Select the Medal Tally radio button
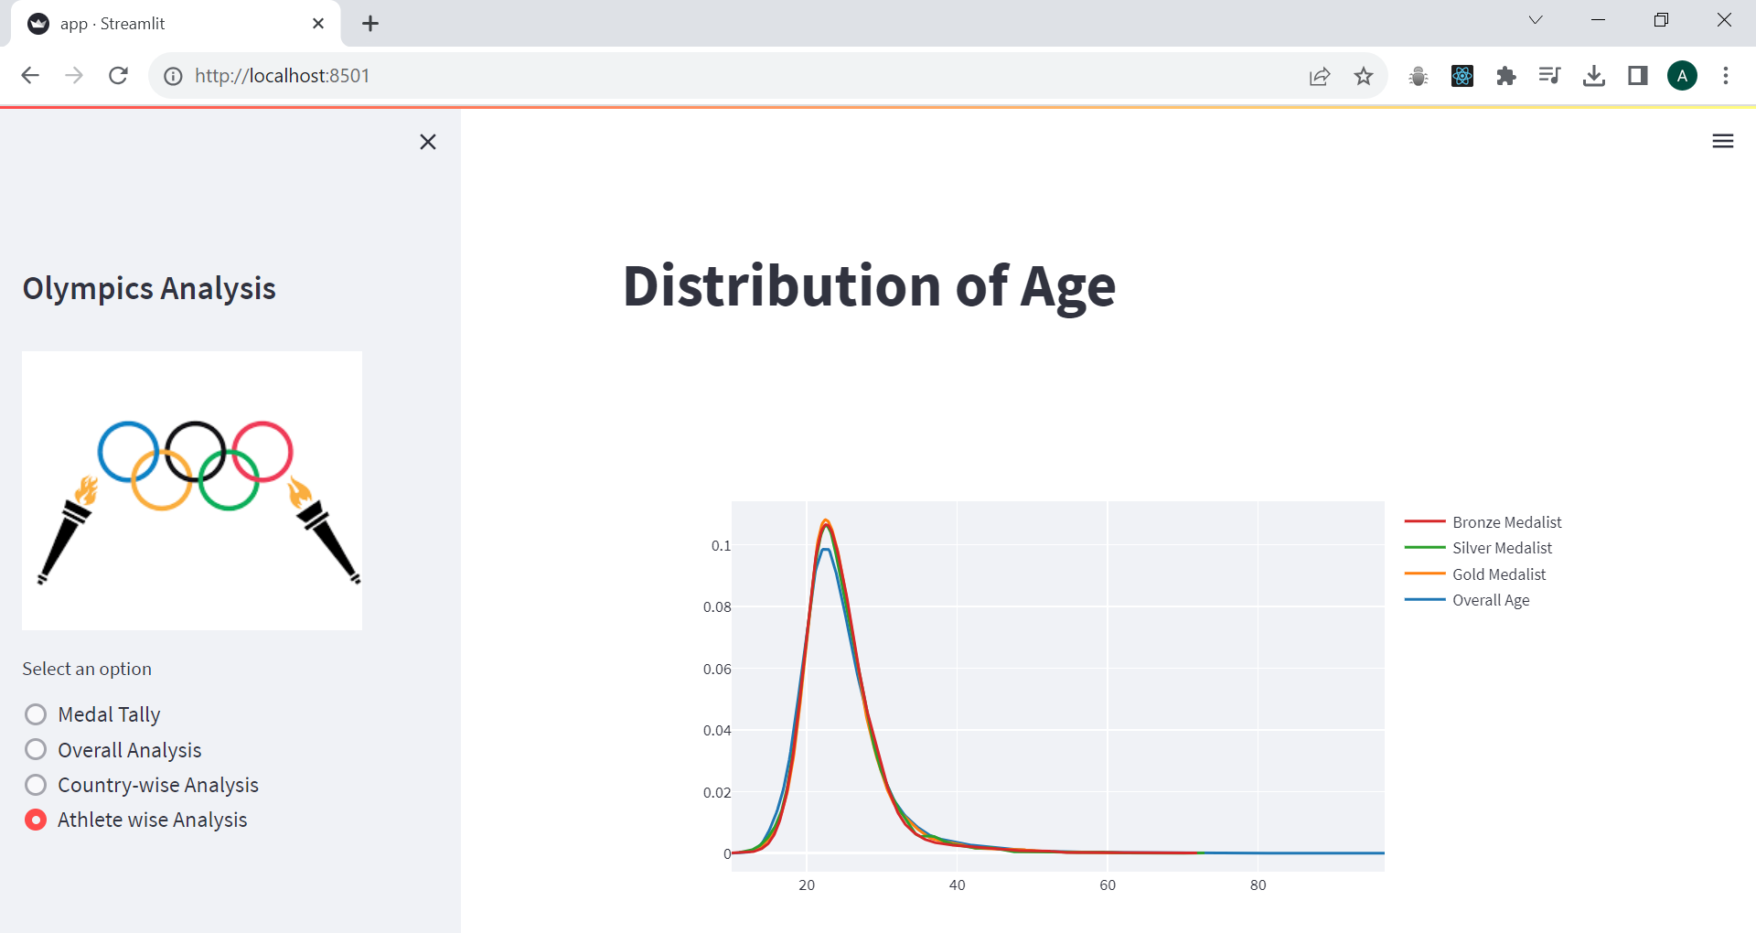(36, 714)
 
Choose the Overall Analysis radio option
(36, 750)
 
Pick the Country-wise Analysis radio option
(36, 785)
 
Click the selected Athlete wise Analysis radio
(36, 820)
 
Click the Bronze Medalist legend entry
(1506, 522)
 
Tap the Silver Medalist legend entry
(1502, 548)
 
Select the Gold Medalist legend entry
(1499, 574)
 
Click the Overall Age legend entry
(1491, 600)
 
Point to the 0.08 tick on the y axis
(717, 607)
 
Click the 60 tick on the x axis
(1108, 885)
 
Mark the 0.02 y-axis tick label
(717, 792)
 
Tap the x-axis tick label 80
(1258, 885)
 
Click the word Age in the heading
(1067, 287)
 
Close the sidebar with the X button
(427, 142)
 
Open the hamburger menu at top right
(1722, 141)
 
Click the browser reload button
(118, 76)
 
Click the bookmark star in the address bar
(1364, 76)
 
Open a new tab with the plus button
(370, 24)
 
